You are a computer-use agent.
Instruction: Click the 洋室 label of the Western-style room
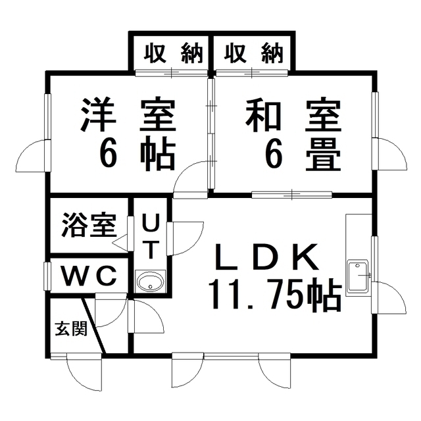pyautogui.click(x=128, y=116)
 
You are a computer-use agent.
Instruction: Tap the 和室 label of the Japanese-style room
pyautogui.click(x=293, y=116)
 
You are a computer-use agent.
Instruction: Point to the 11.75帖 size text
pyautogui.click(x=274, y=295)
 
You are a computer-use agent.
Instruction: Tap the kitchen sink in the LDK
pyautogui.click(x=359, y=276)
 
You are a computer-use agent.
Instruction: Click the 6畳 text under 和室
pyautogui.click(x=303, y=155)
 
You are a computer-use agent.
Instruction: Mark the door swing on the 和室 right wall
pyautogui.click(x=392, y=155)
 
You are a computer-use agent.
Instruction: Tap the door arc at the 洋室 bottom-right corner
pyautogui.click(x=191, y=178)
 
